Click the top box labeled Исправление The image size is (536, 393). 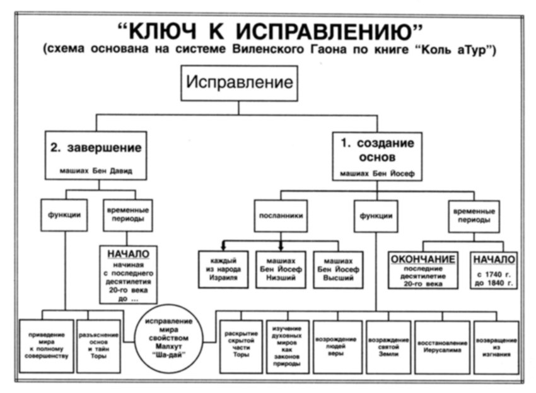click(x=239, y=83)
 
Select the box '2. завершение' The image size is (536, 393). click(x=96, y=155)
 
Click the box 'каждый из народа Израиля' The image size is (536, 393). click(x=223, y=269)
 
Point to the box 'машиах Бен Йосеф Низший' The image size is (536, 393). click(x=281, y=269)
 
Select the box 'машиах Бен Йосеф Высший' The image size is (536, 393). click(x=338, y=269)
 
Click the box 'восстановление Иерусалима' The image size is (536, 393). click(x=442, y=346)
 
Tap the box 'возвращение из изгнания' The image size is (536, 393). click(x=497, y=346)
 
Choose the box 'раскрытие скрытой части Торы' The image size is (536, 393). click(x=240, y=346)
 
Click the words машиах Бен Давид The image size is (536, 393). click(x=96, y=170)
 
